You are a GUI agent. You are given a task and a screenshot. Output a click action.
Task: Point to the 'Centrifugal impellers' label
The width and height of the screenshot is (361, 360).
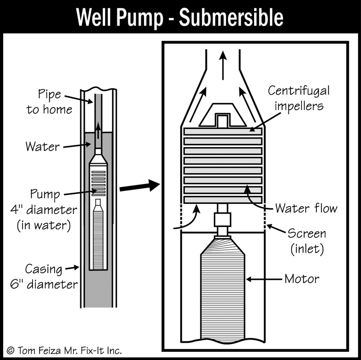click(299, 97)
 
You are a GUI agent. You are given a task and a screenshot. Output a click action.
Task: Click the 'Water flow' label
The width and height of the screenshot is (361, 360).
click(307, 208)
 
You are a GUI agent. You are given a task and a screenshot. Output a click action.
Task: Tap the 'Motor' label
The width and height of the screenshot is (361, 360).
click(301, 279)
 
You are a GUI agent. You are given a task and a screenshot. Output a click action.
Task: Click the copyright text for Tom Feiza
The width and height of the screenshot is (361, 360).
click(64, 350)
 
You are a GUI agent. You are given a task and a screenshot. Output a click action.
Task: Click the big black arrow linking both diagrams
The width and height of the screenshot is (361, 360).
click(140, 186)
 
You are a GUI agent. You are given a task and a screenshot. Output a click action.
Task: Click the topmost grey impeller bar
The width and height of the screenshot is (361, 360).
click(223, 131)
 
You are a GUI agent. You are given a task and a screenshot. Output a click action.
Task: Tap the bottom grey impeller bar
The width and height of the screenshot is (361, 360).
click(223, 199)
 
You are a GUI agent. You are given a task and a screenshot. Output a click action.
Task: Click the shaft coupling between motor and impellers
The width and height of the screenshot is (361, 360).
click(222, 220)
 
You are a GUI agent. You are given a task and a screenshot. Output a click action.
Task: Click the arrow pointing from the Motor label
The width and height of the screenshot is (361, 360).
click(264, 280)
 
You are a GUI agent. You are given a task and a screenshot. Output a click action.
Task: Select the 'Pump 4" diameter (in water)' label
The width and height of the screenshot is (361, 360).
click(45, 210)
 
